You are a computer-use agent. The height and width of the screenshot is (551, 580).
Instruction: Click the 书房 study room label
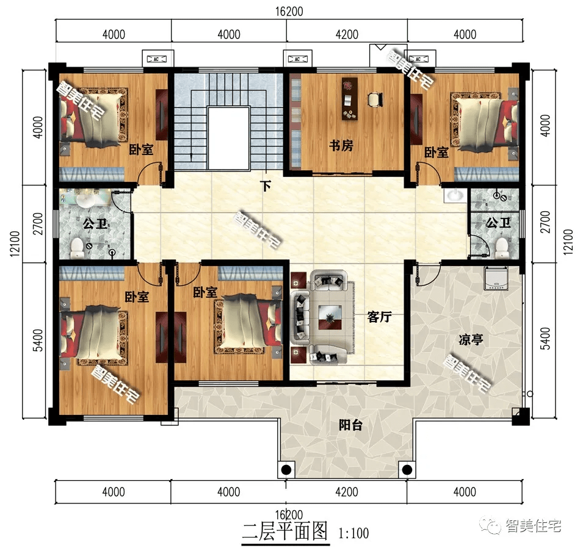(342, 146)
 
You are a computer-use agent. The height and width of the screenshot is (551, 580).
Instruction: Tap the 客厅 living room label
(379, 317)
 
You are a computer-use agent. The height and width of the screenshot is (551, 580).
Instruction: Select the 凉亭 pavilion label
(471, 340)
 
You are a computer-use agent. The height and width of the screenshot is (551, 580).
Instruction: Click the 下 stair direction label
(266, 186)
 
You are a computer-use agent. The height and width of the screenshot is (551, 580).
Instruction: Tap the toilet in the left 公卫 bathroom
(77, 247)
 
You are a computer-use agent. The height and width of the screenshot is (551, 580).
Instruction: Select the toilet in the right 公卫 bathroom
(502, 247)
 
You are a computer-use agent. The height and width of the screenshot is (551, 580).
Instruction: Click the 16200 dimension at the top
(289, 12)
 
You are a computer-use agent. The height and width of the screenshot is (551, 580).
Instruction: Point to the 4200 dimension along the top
(347, 34)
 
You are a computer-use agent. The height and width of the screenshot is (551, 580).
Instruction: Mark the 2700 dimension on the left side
(38, 224)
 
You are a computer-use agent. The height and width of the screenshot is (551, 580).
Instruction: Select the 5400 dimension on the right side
(545, 339)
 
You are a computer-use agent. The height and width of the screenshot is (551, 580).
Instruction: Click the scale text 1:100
(353, 534)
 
